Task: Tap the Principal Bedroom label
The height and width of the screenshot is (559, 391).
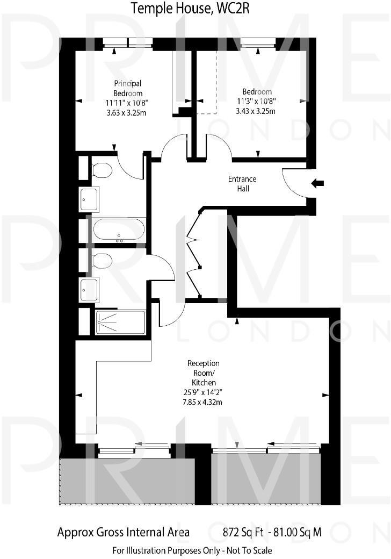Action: click(127, 88)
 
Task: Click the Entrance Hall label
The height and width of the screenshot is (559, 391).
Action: click(243, 183)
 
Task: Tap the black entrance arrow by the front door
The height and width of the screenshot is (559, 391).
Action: click(318, 184)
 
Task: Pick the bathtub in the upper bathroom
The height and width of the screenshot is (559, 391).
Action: click(119, 231)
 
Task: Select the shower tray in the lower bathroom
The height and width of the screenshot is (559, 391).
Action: click(120, 322)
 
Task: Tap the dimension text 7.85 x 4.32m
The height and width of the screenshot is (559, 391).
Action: click(203, 402)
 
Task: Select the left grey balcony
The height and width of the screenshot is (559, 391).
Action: click(127, 481)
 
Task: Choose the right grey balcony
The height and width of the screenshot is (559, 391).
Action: click(266, 478)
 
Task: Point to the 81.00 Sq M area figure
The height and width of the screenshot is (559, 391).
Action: click(298, 533)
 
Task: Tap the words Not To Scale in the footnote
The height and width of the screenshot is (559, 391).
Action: click(248, 550)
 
